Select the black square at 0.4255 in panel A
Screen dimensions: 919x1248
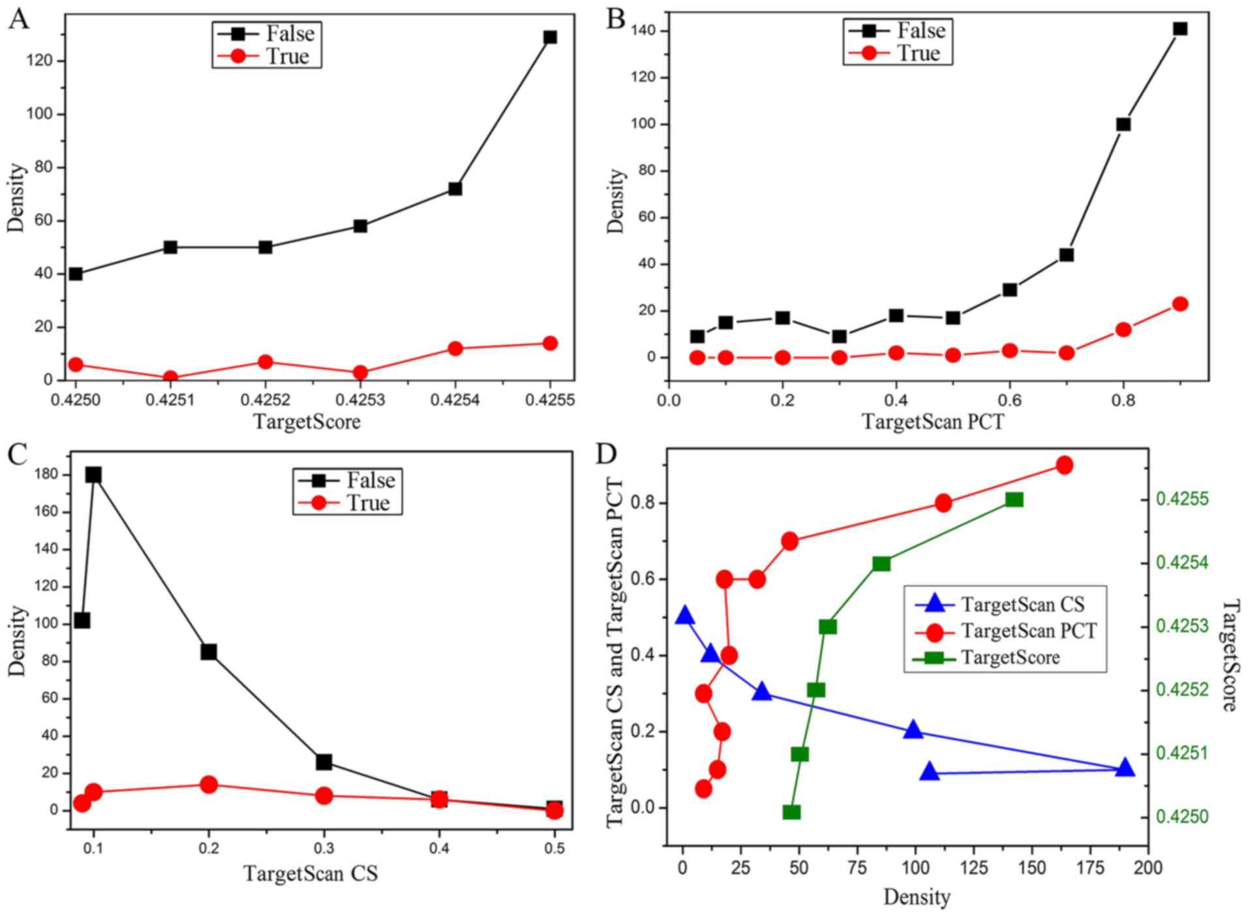click(550, 37)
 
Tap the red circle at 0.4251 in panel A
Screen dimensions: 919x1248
click(170, 378)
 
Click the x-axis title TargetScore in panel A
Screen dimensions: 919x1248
click(307, 422)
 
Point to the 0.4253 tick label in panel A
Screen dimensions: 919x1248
click(360, 399)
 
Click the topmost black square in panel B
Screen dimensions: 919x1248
click(1180, 29)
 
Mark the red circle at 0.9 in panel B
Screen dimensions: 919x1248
click(1180, 304)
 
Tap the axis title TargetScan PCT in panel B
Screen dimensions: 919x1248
click(933, 422)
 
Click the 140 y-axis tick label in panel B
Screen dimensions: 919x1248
click(645, 31)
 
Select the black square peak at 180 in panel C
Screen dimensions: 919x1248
click(93, 475)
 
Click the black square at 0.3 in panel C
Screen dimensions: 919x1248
click(324, 762)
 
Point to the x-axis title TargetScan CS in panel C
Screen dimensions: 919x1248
click(311, 873)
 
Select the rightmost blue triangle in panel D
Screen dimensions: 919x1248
click(1124, 768)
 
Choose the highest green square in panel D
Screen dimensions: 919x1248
click(1014, 500)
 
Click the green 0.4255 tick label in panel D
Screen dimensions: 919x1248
click(1182, 500)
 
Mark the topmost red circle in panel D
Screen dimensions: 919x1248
click(1064, 465)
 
